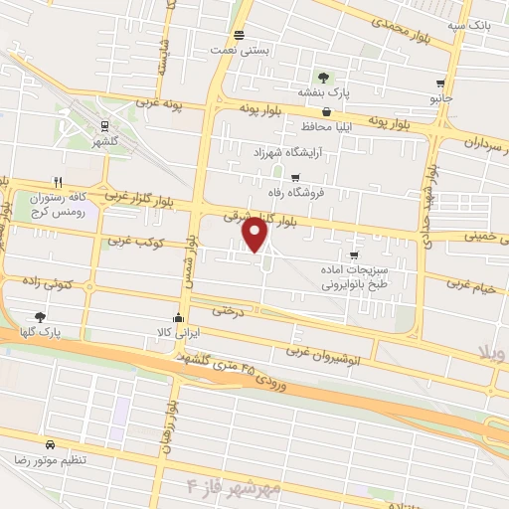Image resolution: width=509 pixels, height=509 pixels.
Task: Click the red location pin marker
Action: point(256,235)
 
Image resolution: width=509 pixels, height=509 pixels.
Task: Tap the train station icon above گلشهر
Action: point(103,124)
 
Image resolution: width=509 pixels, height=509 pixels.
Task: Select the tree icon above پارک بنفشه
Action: point(321,78)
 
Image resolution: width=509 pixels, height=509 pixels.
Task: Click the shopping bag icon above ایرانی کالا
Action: point(178,318)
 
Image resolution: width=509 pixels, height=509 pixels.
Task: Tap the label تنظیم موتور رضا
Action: point(77,461)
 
